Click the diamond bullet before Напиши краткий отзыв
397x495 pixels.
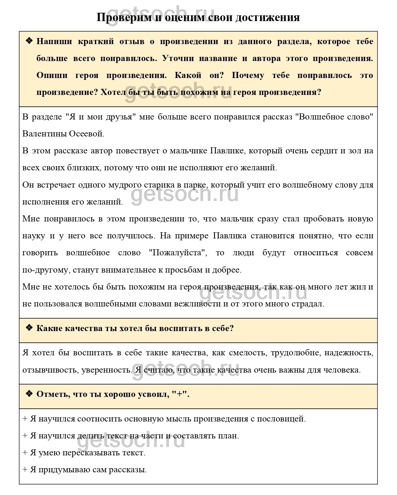click(x=29, y=41)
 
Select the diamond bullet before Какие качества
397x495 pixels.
click(x=29, y=328)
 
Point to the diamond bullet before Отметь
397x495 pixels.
click(x=29, y=394)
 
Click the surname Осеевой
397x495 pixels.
click(x=86, y=134)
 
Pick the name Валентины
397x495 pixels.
click(x=44, y=134)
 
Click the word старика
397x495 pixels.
click(x=152, y=185)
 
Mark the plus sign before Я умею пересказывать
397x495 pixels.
click(x=25, y=452)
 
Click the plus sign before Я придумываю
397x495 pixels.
click(x=25, y=469)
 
